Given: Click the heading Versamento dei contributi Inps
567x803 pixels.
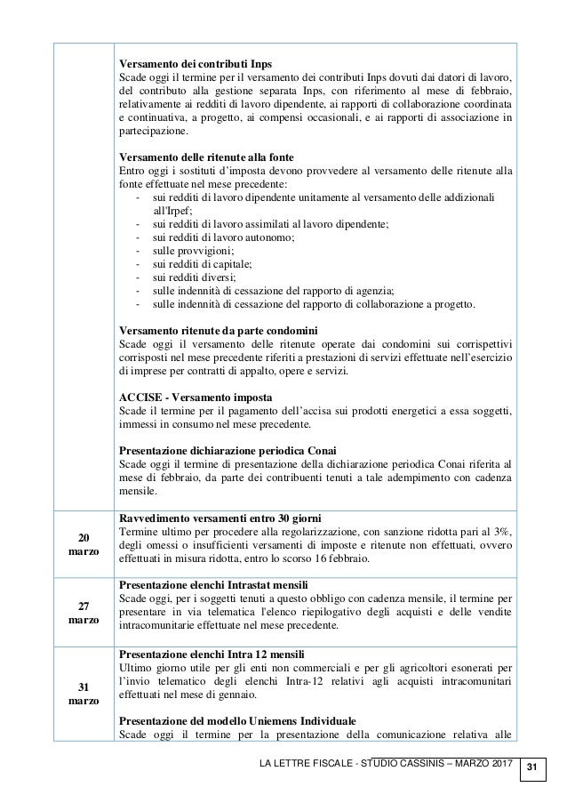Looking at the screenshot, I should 196,63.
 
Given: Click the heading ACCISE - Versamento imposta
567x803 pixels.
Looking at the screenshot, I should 189,395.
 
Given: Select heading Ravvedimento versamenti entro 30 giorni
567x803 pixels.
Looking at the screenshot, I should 220,518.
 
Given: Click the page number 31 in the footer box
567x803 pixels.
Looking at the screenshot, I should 531,766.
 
